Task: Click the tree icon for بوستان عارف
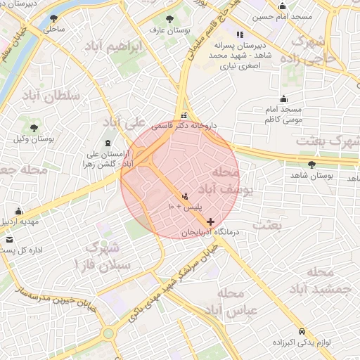pyautogui.click(x=169, y=19)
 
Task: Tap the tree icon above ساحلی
pyautogui.click(x=53, y=19)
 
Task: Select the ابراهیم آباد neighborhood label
pyautogui.click(x=122, y=46)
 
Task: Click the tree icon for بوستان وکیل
pyautogui.click(x=34, y=127)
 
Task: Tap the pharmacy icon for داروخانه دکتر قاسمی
pyautogui.click(x=184, y=115)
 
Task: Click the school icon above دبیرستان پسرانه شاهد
pyautogui.click(x=240, y=34)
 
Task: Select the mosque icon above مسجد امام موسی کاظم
pyautogui.click(x=283, y=99)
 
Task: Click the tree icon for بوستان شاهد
pyautogui.click(x=311, y=164)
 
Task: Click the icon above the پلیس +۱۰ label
pyautogui.click(x=184, y=196)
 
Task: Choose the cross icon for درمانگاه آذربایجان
pyautogui.click(x=210, y=221)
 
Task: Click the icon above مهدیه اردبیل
pyautogui.click(x=18, y=211)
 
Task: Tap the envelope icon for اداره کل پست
pyautogui.click(x=9, y=240)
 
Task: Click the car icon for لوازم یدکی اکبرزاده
pyautogui.click(x=302, y=330)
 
